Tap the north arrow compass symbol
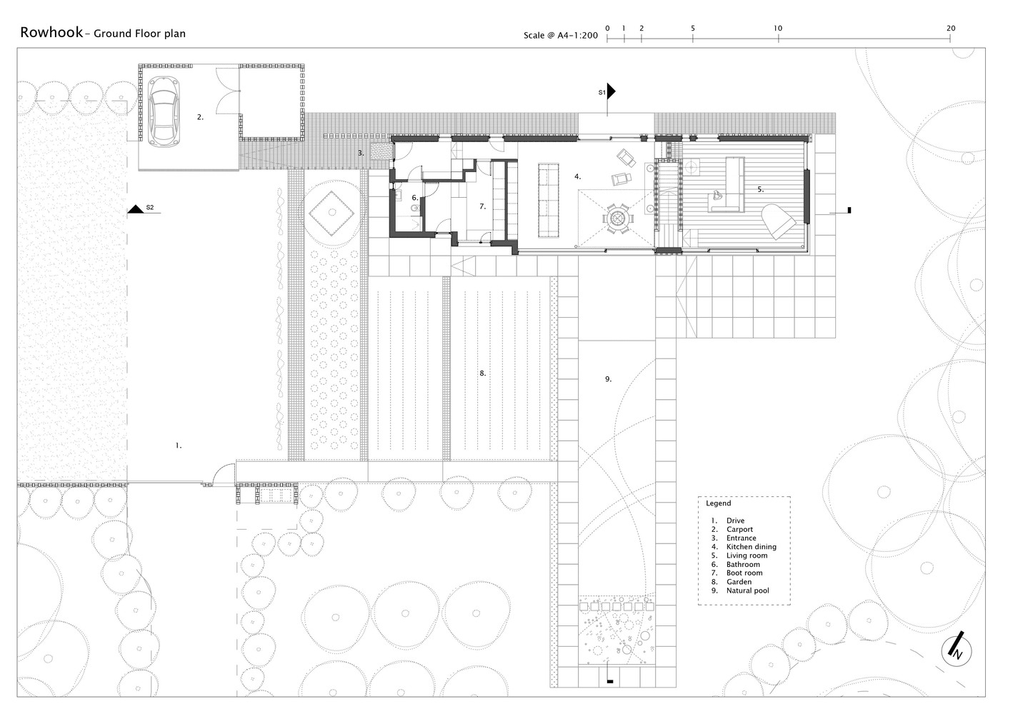[957, 650]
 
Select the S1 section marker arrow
[611, 91]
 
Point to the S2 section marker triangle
[136, 208]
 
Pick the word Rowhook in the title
[51, 33]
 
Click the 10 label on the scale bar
[778, 28]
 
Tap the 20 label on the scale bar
[951, 28]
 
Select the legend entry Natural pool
[747, 590]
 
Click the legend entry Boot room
[744, 573]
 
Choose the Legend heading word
[718, 503]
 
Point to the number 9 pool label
[608, 379]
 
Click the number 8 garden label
[482, 373]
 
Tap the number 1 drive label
[179, 446]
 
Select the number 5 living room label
[761, 189]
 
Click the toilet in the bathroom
[416, 208]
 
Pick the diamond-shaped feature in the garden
[331, 213]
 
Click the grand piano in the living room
[778, 221]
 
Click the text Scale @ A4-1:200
[561, 35]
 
